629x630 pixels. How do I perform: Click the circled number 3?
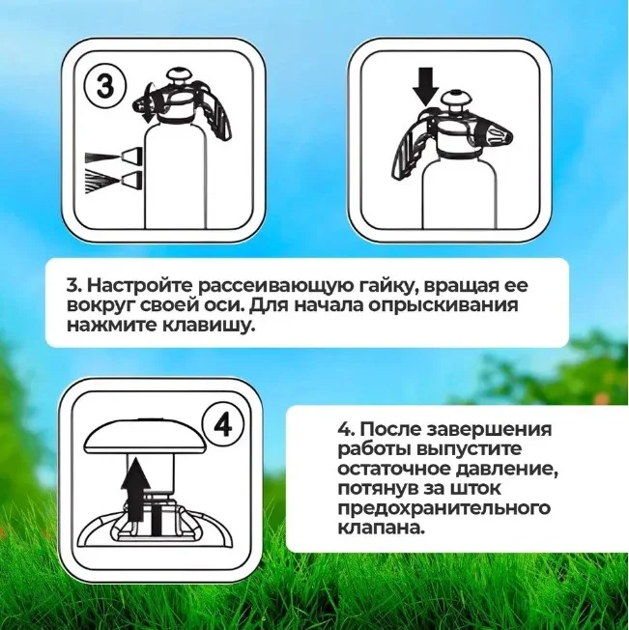[104, 86]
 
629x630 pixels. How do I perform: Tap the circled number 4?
[222, 425]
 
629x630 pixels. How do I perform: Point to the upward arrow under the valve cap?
[136, 489]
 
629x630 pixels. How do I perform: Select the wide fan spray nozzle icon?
[114, 181]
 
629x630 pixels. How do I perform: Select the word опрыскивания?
[443, 305]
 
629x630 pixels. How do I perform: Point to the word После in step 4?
[389, 429]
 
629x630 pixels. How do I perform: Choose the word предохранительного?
[443, 508]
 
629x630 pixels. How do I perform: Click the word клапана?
[381, 528]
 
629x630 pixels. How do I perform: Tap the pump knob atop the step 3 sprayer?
[180, 77]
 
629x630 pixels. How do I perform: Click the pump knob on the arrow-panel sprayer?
[455, 98]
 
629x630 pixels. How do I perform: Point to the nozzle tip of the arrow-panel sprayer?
[500, 136]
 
